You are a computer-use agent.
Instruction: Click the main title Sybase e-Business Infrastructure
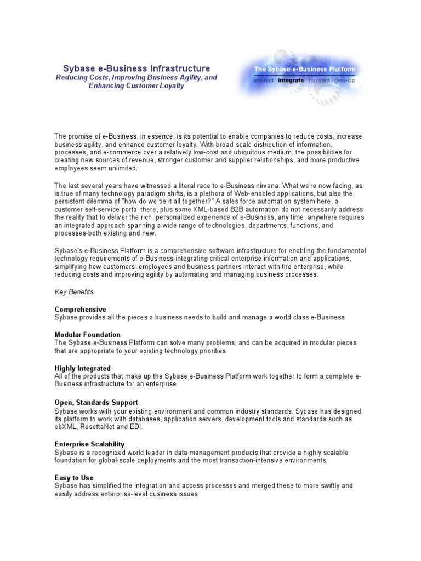(136, 68)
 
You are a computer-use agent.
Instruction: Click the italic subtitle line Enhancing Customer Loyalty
(136, 87)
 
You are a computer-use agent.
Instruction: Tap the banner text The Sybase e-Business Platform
(305, 70)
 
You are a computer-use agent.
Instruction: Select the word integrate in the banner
(291, 80)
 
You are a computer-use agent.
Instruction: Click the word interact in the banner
(264, 80)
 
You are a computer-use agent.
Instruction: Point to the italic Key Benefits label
(74, 293)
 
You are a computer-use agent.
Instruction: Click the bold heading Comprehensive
(80, 310)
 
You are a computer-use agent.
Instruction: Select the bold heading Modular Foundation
(88, 335)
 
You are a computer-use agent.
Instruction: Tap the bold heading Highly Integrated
(82, 368)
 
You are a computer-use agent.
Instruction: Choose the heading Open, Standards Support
(96, 403)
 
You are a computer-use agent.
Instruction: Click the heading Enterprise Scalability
(89, 444)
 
